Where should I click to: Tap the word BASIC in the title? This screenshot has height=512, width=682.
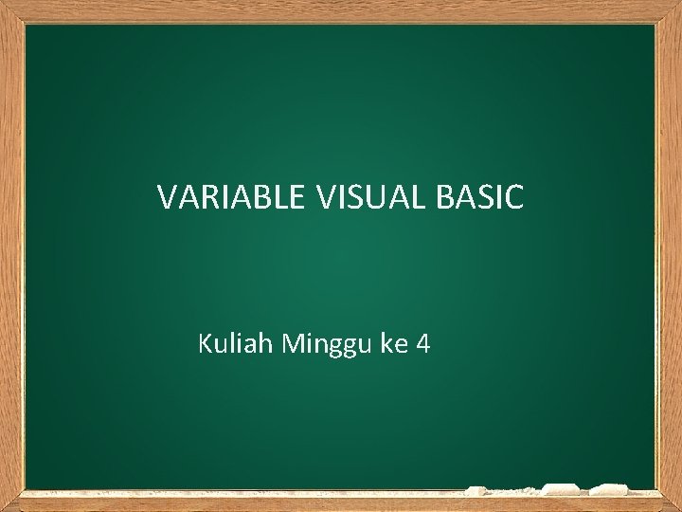click(480, 197)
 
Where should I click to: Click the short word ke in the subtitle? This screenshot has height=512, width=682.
click(393, 343)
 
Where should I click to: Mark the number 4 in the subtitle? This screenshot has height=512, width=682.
click(422, 343)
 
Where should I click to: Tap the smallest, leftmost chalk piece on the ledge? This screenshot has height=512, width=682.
click(476, 491)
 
